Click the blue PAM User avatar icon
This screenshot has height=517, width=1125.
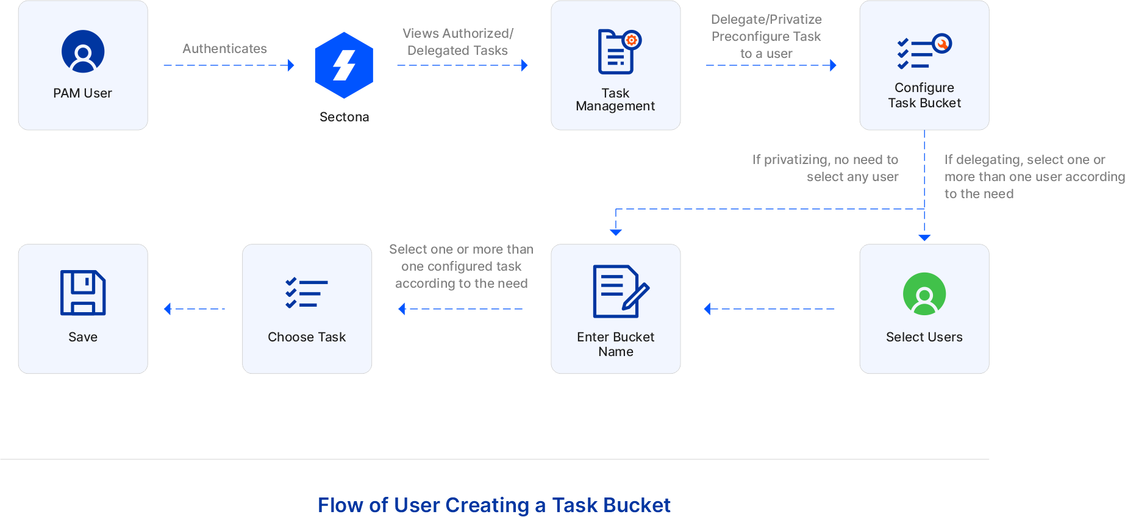[83, 51]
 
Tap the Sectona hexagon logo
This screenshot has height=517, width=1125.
[344, 65]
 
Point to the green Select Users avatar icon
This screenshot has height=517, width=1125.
[924, 294]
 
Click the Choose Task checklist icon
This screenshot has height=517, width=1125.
[307, 293]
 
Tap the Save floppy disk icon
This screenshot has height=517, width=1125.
[83, 293]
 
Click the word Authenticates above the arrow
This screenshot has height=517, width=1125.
[224, 49]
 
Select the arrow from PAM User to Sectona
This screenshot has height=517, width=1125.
[229, 65]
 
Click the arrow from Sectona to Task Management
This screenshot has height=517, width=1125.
[462, 65]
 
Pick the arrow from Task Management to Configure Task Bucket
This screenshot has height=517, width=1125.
[771, 65]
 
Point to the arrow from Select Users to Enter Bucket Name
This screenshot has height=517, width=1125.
[769, 309]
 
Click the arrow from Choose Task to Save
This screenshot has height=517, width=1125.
[195, 309]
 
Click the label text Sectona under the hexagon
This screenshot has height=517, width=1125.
[344, 117]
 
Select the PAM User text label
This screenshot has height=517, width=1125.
[82, 93]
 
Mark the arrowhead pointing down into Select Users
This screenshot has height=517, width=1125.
[924, 237]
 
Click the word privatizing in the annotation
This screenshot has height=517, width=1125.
[796, 160]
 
